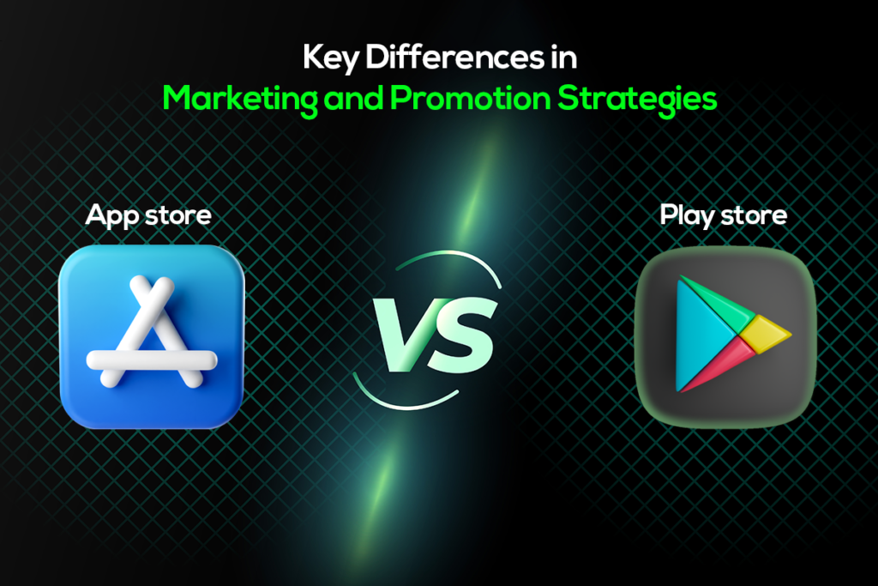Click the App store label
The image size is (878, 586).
148,214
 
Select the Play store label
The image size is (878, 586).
723,214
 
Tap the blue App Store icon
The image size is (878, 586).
151,336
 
